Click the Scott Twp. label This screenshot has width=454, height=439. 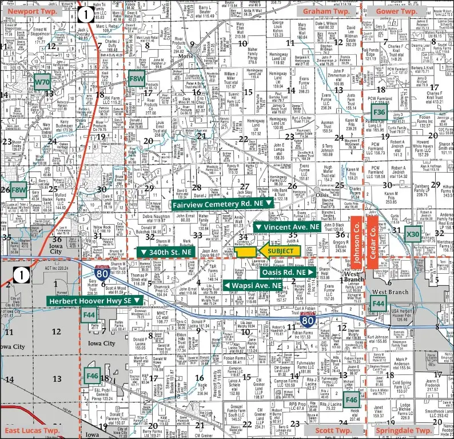(x=333, y=430)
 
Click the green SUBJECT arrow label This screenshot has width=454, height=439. (x=277, y=250)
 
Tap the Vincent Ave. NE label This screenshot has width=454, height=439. (x=286, y=228)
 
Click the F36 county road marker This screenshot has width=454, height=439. (x=379, y=113)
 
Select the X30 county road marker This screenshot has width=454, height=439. (x=412, y=234)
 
